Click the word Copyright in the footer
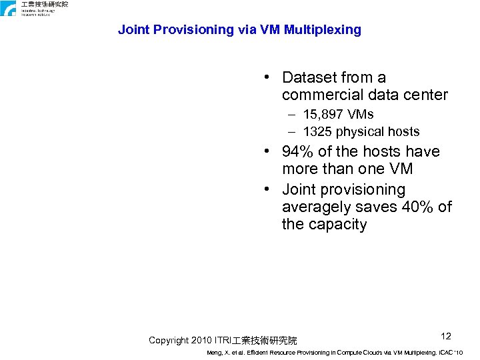[169, 340]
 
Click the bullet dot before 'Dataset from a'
[267, 79]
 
